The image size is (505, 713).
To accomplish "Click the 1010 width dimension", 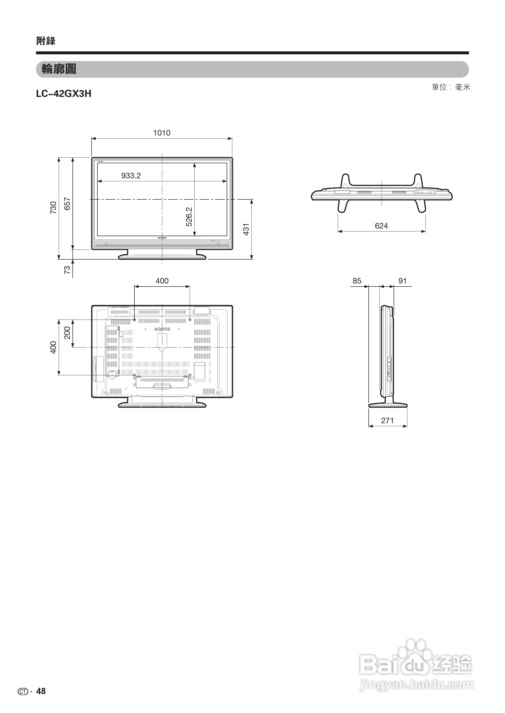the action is [x=162, y=133].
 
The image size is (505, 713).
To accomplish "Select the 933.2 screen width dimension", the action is [x=131, y=176].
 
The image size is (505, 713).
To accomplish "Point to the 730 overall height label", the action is [x=53, y=208].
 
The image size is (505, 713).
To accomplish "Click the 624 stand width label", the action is [x=381, y=226].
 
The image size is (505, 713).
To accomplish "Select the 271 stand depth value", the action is [x=388, y=421].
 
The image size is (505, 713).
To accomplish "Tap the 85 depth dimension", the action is [x=357, y=281].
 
